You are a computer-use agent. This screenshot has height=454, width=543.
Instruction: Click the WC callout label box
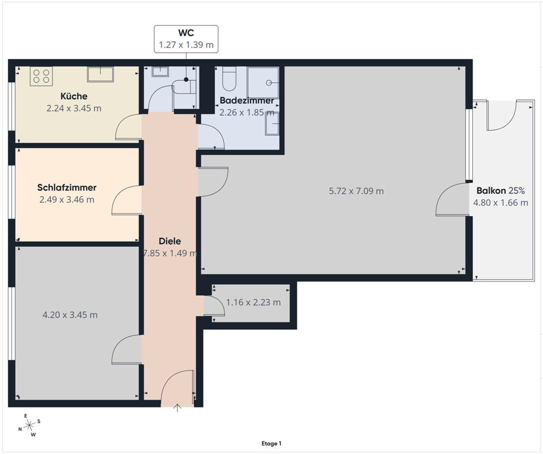pyautogui.click(x=186, y=39)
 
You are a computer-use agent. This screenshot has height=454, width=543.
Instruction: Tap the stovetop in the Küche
pyautogui.click(x=41, y=76)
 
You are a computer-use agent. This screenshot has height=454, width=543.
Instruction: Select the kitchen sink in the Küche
pyautogui.click(x=100, y=74)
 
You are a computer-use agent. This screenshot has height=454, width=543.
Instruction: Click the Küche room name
pyautogui.click(x=74, y=96)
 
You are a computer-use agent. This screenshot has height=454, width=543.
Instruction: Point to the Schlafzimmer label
pyautogui.click(x=67, y=188)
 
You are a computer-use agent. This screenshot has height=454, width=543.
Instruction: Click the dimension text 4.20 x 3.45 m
pyautogui.click(x=70, y=315)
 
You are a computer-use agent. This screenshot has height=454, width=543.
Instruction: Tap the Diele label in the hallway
pyautogui.click(x=169, y=241)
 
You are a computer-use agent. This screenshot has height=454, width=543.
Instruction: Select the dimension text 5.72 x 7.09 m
pyautogui.click(x=357, y=191)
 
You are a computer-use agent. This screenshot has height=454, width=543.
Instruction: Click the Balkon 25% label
pyautogui.click(x=500, y=191)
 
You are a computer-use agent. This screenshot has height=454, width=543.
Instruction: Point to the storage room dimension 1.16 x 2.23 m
pyautogui.click(x=253, y=302)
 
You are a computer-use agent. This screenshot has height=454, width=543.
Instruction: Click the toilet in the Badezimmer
pyautogui.click(x=229, y=79)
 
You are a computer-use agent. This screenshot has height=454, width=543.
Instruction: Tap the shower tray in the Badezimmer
pyautogui.click(x=263, y=82)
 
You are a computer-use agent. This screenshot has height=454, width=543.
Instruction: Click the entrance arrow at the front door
pyautogui.click(x=177, y=408)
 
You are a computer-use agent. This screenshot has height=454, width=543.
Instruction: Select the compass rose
pyautogui.click(x=29, y=424)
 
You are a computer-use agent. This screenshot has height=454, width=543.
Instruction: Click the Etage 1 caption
pyautogui.click(x=271, y=444)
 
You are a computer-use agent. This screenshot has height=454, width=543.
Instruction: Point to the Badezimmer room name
pyautogui.click(x=247, y=100)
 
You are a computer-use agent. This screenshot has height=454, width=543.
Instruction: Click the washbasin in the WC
pyautogui.click(x=160, y=72)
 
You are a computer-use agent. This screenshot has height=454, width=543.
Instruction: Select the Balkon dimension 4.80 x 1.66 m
pyautogui.click(x=500, y=203)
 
